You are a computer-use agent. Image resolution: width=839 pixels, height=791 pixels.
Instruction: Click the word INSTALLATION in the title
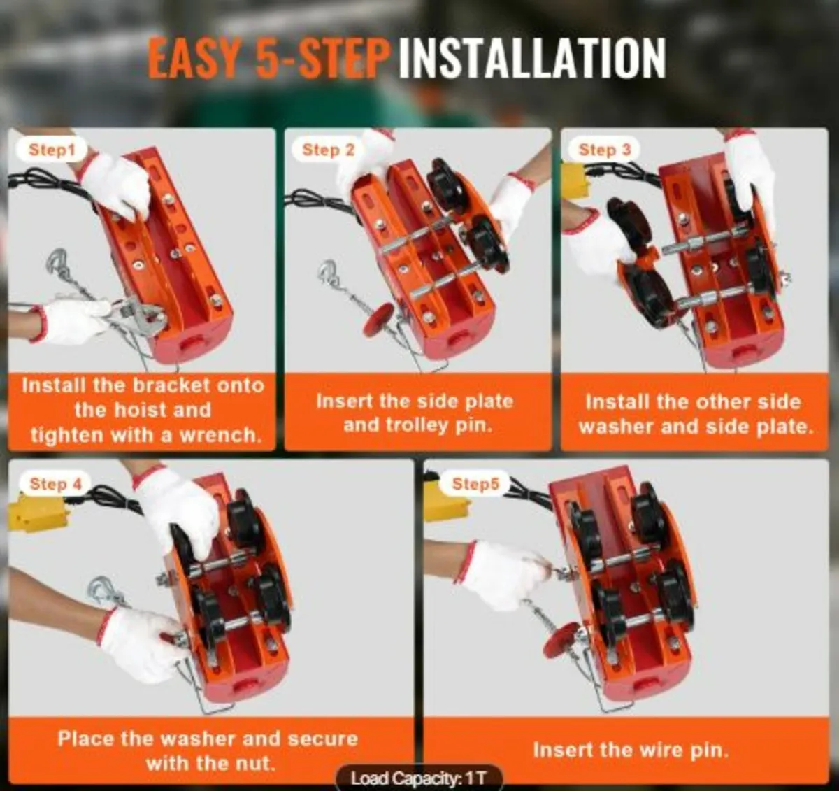(532, 57)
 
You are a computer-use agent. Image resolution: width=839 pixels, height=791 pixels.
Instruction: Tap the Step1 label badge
(52, 150)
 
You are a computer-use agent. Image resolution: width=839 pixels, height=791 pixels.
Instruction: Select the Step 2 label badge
(328, 150)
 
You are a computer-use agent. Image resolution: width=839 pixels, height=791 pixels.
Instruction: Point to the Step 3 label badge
(605, 150)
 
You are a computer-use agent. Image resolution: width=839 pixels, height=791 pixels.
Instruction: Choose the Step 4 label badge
(55, 484)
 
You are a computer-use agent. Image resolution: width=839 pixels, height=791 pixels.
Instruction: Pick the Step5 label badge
(475, 484)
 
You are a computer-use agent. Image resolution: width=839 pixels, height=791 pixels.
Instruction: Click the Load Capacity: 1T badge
(419, 778)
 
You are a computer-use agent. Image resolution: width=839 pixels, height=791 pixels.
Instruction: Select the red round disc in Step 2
(378, 319)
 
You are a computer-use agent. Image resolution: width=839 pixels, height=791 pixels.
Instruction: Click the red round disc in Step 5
(561, 641)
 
